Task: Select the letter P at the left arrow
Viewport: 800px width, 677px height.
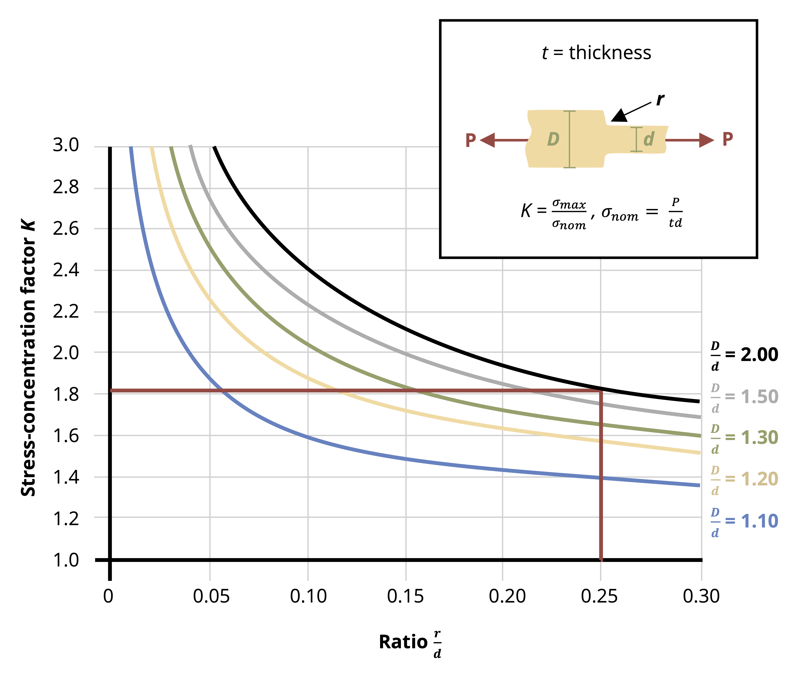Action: pos(470,140)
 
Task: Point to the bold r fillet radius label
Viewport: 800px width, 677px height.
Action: pos(660,100)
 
